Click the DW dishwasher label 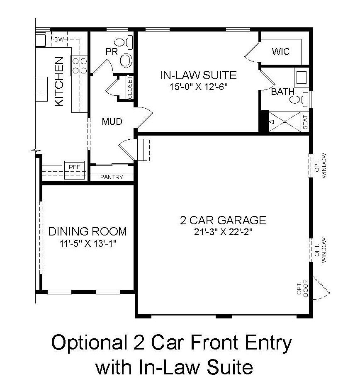(x=59, y=39)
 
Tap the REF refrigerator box (x=75, y=170)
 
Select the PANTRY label (x=112, y=177)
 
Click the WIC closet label (x=281, y=51)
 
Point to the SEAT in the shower (x=305, y=122)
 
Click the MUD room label (x=112, y=121)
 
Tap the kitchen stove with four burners (x=79, y=66)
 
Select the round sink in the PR (x=126, y=60)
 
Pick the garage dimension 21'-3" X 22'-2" (x=223, y=232)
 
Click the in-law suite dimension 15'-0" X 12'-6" (x=198, y=87)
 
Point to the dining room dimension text (x=88, y=243)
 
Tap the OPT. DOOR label (x=303, y=288)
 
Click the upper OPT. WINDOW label (x=321, y=165)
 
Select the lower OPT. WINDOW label (x=321, y=250)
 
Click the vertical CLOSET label (x=130, y=87)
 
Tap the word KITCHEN (x=59, y=82)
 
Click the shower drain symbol (x=285, y=121)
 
